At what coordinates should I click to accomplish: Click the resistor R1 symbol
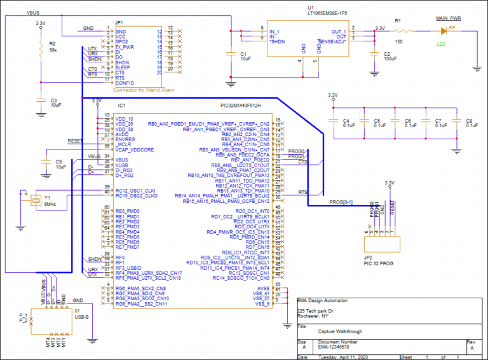click(x=403, y=30)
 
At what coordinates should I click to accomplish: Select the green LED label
click(x=441, y=44)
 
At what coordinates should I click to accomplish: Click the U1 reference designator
click(x=310, y=7)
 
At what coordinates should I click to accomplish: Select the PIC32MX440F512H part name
click(x=240, y=105)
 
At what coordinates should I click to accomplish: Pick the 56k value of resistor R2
click(x=53, y=50)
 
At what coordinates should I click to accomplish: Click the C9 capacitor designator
click(x=59, y=162)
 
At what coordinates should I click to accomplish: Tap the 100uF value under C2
click(x=390, y=58)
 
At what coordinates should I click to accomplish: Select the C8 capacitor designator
click(x=469, y=120)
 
